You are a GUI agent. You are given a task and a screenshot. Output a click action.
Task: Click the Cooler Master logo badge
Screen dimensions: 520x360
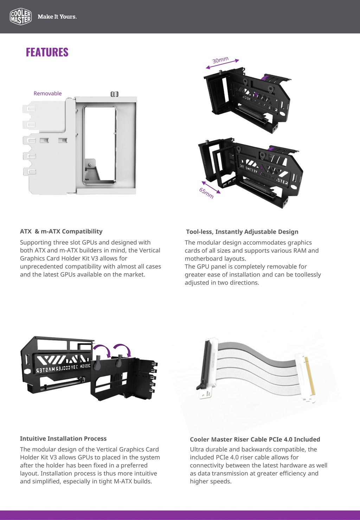coord(21,17)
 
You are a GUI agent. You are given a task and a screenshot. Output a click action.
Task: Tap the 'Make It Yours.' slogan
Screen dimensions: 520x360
coord(57,17)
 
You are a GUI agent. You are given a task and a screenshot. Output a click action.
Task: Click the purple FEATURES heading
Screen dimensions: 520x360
coord(47,52)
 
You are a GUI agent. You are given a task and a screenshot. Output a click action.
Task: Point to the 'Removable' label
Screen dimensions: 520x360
coord(47,93)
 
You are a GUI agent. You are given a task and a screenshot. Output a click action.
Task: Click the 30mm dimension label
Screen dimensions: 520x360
coord(220,60)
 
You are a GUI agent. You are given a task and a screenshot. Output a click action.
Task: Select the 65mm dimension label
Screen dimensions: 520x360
coord(206,193)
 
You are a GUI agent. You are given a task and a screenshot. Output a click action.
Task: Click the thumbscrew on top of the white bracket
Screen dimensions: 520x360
coord(114,94)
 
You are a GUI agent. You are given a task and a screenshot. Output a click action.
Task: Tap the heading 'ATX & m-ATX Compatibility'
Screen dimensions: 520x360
coord(61,231)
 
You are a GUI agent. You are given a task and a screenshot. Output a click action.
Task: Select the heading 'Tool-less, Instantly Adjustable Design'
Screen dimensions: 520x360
coord(242,232)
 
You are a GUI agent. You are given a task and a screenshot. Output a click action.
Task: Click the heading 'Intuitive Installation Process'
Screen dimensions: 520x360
coord(63,438)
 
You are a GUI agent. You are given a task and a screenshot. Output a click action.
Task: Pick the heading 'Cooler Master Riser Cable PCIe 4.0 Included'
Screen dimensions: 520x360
coord(255,439)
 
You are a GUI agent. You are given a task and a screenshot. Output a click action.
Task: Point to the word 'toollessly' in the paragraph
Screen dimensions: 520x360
coord(306,275)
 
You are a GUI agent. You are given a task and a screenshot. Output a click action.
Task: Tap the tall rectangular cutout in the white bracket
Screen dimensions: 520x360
coord(100,144)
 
